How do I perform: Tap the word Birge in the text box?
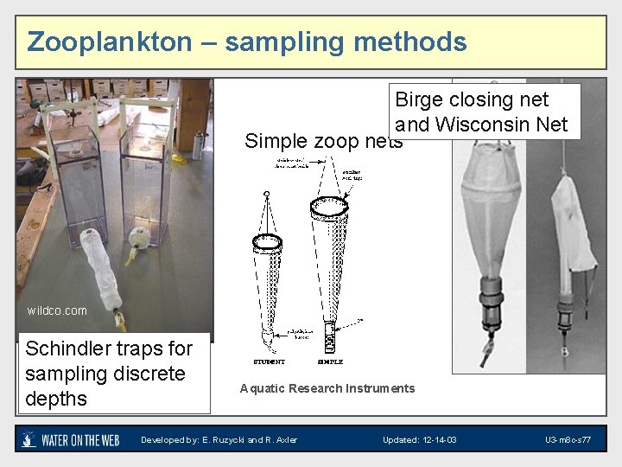click(x=416, y=100)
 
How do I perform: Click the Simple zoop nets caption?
click(x=324, y=140)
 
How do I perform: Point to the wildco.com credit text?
click(x=57, y=310)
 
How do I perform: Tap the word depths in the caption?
click(x=56, y=399)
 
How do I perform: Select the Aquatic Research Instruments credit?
click(x=327, y=388)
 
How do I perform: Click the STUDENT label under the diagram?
click(x=270, y=361)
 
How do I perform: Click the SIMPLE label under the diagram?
click(x=330, y=361)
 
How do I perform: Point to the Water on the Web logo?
click(x=73, y=440)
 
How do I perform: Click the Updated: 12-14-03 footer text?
click(x=420, y=440)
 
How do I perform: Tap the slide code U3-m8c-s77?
click(x=568, y=440)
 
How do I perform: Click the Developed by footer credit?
click(x=219, y=440)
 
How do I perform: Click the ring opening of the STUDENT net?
click(x=269, y=242)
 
